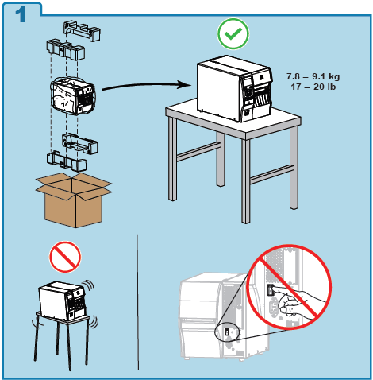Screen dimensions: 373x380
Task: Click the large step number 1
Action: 21,15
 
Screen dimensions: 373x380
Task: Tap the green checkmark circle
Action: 233,33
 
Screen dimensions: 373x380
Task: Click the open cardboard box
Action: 74,200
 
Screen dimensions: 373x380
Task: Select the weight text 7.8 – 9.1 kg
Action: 313,76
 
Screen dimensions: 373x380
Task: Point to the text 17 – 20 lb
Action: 313,87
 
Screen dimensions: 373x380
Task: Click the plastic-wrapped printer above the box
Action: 73,96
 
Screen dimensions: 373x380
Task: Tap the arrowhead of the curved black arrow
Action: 185,85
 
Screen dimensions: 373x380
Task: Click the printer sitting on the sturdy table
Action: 235,88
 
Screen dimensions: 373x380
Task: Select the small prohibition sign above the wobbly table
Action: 65,257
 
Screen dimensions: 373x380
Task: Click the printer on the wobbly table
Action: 63,301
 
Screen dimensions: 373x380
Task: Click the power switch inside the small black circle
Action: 227,332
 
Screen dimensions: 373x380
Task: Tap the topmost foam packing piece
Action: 82,31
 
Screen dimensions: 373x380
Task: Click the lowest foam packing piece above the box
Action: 67,161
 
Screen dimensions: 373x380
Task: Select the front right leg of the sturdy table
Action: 245,180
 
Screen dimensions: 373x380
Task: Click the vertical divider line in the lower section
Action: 138,302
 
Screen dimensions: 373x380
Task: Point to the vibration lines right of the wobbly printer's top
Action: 89,285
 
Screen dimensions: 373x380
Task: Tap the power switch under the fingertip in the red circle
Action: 271,290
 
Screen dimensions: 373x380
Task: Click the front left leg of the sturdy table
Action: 172,159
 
